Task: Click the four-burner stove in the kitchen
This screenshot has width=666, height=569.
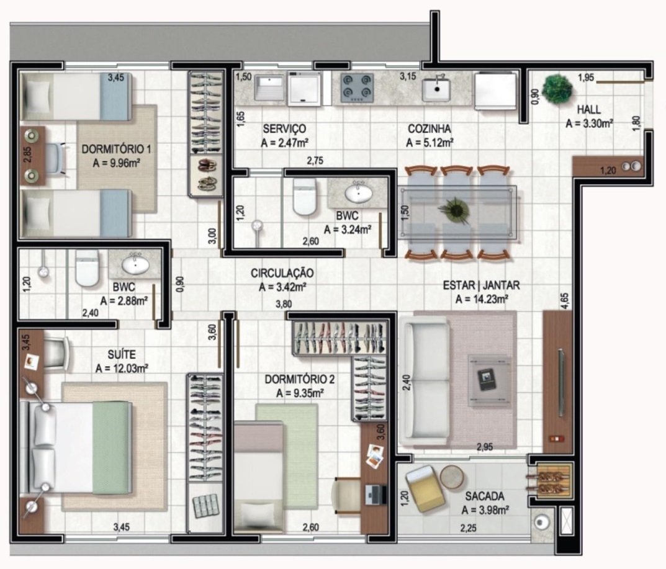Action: pyautogui.click(x=356, y=87)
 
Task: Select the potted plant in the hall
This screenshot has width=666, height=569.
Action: pyautogui.click(x=556, y=89)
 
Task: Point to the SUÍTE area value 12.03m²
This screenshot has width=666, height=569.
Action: pyautogui.click(x=122, y=369)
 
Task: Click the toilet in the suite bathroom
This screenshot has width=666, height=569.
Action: pyautogui.click(x=87, y=268)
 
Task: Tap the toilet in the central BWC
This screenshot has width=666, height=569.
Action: pyautogui.click(x=305, y=197)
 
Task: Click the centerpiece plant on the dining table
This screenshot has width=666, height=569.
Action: pyautogui.click(x=457, y=210)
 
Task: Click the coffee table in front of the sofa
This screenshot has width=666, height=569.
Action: pyautogui.click(x=490, y=380)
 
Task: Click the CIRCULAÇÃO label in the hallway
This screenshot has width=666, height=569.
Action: pyautogui.click(x=282, y=273)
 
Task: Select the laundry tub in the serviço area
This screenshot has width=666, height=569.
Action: pyautogui.click(x=269, y=87)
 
